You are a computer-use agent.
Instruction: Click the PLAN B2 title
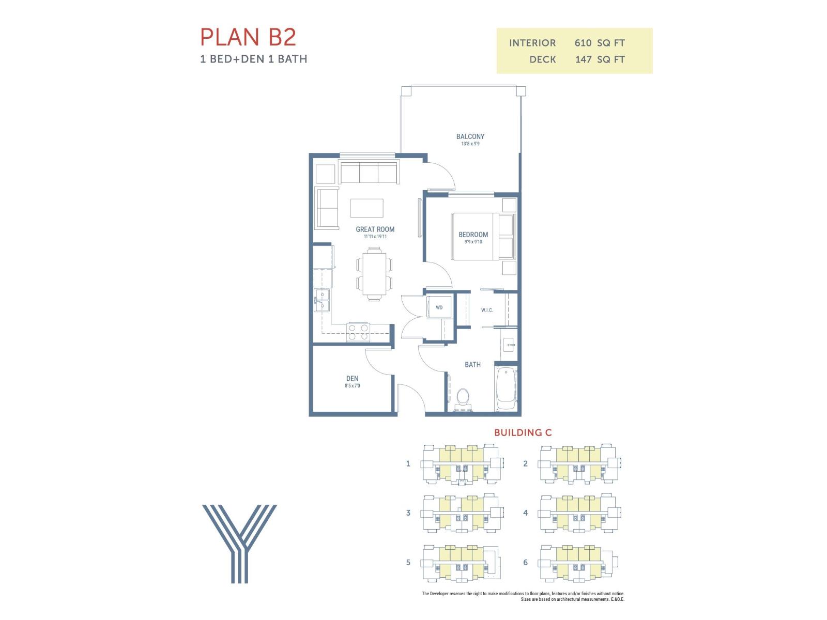pyautogui.click(x=248, y=37)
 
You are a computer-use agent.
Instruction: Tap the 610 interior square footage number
pyautogui.click(x=583, y=43)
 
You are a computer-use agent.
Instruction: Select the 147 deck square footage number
pyautogui.click(x=583, y=59)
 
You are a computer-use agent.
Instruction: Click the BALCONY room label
pyautogui.click(x=470, y=137)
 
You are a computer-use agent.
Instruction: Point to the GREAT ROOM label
pyautogui.click(x=375, y=229)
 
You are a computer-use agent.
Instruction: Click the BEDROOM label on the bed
pyautogui.click(x=473, y=235)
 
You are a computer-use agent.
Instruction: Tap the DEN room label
pyautogui.click(x=352, y=379)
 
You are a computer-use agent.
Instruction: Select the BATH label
pyautogui.click(x=472, y=365)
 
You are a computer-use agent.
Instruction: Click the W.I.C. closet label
pyautogui.click(x=487, y=310)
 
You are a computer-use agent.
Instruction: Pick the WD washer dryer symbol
pyautogui.click(x=439, y=307)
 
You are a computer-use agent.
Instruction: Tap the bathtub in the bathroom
pyautogui.click(x=506, y=389)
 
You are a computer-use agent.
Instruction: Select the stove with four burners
pyautogui.click(x=358, y=332)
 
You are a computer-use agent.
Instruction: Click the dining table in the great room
pyautogui.click(x=374, y=273)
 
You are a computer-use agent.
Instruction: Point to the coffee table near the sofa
pyautogui.click(x=366, y=208)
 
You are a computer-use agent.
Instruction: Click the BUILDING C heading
pyautogui.click(x=523, y=432)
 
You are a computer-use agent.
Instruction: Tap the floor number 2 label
pyautogui.click(x=525, y=463)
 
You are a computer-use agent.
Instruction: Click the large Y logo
pyautogui.click(x=239, y=543)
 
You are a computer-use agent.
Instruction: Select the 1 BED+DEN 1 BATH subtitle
pyautogui.click(x=253, y=59)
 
